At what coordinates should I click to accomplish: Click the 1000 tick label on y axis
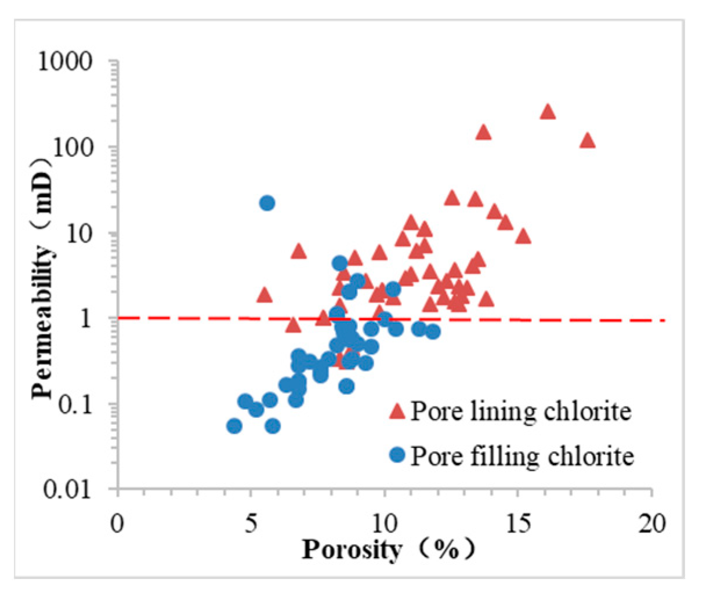coord(65,61)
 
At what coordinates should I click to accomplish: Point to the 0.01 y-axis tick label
coord(69,490)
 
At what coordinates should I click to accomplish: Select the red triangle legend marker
coord(397,412)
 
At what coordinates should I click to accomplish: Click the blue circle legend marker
coord(397,456)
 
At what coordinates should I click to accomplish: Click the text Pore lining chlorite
coord(520,412)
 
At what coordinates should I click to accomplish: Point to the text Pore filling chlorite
coord(522,456)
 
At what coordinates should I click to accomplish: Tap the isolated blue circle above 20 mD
coord(267,203)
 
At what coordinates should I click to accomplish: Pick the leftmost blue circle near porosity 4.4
coord(234,426)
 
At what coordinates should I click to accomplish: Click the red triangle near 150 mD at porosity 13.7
coord(483,133)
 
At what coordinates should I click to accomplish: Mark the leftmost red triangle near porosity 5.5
coord(265,295)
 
